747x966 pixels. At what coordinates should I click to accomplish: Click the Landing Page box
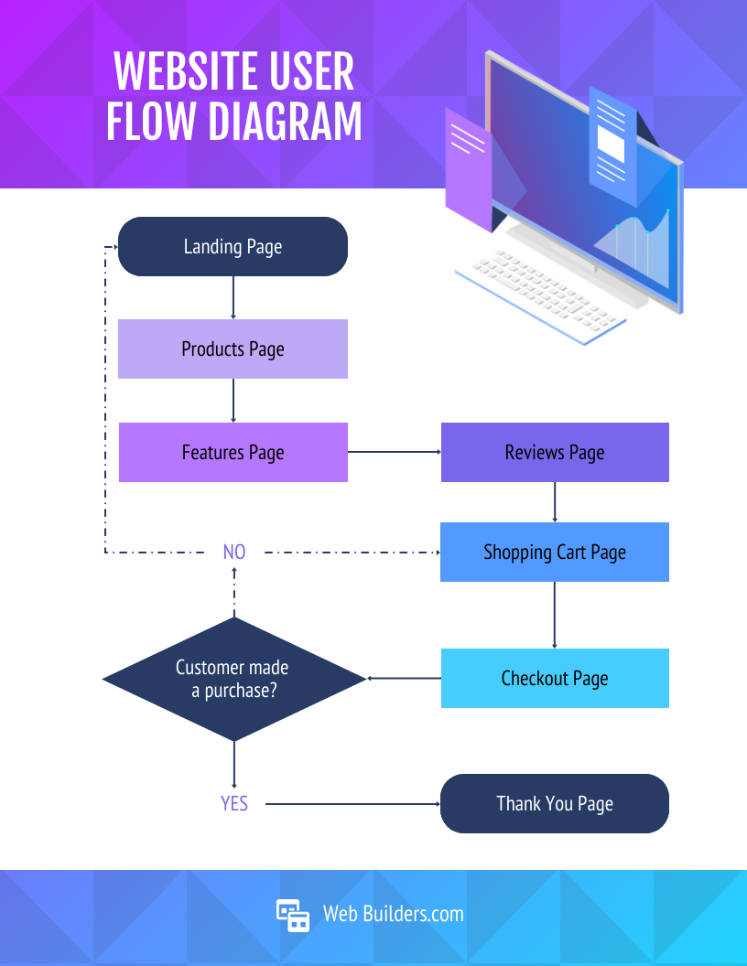pyautogui.click(x=233, y=247)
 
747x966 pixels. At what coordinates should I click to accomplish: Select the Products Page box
pyautogui.click(x=233, y=349)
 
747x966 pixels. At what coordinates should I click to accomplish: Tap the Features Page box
pyautogui.click(x=233, y=453)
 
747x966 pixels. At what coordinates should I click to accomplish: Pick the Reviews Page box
pyautogui.click(x=555, y=453)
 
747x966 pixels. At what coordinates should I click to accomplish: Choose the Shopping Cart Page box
pyautogui.click(x=555, y=553)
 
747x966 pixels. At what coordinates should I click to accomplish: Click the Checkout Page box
pyautogui.click(x=555, y=679)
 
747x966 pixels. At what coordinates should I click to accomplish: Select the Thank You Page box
pyautogui.click(x=555, y=804)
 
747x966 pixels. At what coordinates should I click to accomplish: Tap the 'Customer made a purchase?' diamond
pyautogui.click(x=233, y=679)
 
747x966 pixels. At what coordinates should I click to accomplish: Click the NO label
pyautogui.click(x=234, y=553)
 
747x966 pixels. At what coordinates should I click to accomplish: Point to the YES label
pyautogui.click(x=234, y=804)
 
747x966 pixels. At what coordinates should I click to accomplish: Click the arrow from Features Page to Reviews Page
pyautogui.click(x=394, y=452)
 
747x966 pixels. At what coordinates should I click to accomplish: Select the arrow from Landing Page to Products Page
pyautogui.click(x=233, y=297)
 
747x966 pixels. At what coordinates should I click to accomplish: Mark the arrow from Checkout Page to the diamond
pyautogui.click(x=404, y=679)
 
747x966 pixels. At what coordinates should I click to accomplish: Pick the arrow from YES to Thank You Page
pyautogui.click(x=352, y=804)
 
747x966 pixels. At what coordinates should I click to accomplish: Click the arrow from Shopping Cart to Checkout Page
pyautogui.click(x=555, y=615)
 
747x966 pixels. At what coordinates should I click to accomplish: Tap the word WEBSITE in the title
pyautogui.click(x=183, y=71)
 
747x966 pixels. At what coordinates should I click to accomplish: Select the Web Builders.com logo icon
pyautogui.click(x=293, y=914)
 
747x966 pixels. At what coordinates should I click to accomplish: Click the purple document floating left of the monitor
pyautogui.click(x=468, y=169)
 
